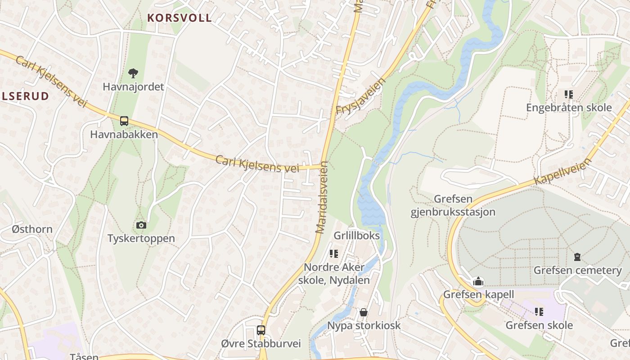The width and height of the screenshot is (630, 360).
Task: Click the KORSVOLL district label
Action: pos(180,18)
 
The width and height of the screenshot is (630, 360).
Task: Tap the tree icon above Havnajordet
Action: pos(133,73)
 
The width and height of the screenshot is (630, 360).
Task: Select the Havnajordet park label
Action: pos(133,86)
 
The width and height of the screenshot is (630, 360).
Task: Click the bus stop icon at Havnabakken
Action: pos(124,121)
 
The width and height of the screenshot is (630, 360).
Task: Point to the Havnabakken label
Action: pos(124,134)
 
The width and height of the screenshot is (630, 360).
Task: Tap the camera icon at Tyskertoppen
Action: pos(141,225)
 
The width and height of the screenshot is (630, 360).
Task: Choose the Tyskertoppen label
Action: pos(141,238)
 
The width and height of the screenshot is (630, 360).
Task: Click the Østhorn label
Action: pos(32,229)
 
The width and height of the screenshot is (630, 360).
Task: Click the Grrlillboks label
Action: pos(357,236)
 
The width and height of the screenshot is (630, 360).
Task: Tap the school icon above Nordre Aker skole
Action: pos(333,254)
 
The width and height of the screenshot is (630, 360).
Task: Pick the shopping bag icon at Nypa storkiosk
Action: pos(364,312)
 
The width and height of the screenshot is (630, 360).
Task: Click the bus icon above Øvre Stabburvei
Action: pos(261,330)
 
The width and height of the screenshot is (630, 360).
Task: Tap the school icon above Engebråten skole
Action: pos(569,94)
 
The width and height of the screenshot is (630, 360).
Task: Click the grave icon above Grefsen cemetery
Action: pos(577,257)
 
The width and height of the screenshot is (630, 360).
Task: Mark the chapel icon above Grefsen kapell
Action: pos(478,282)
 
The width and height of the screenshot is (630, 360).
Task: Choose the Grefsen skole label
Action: pos(539,325)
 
